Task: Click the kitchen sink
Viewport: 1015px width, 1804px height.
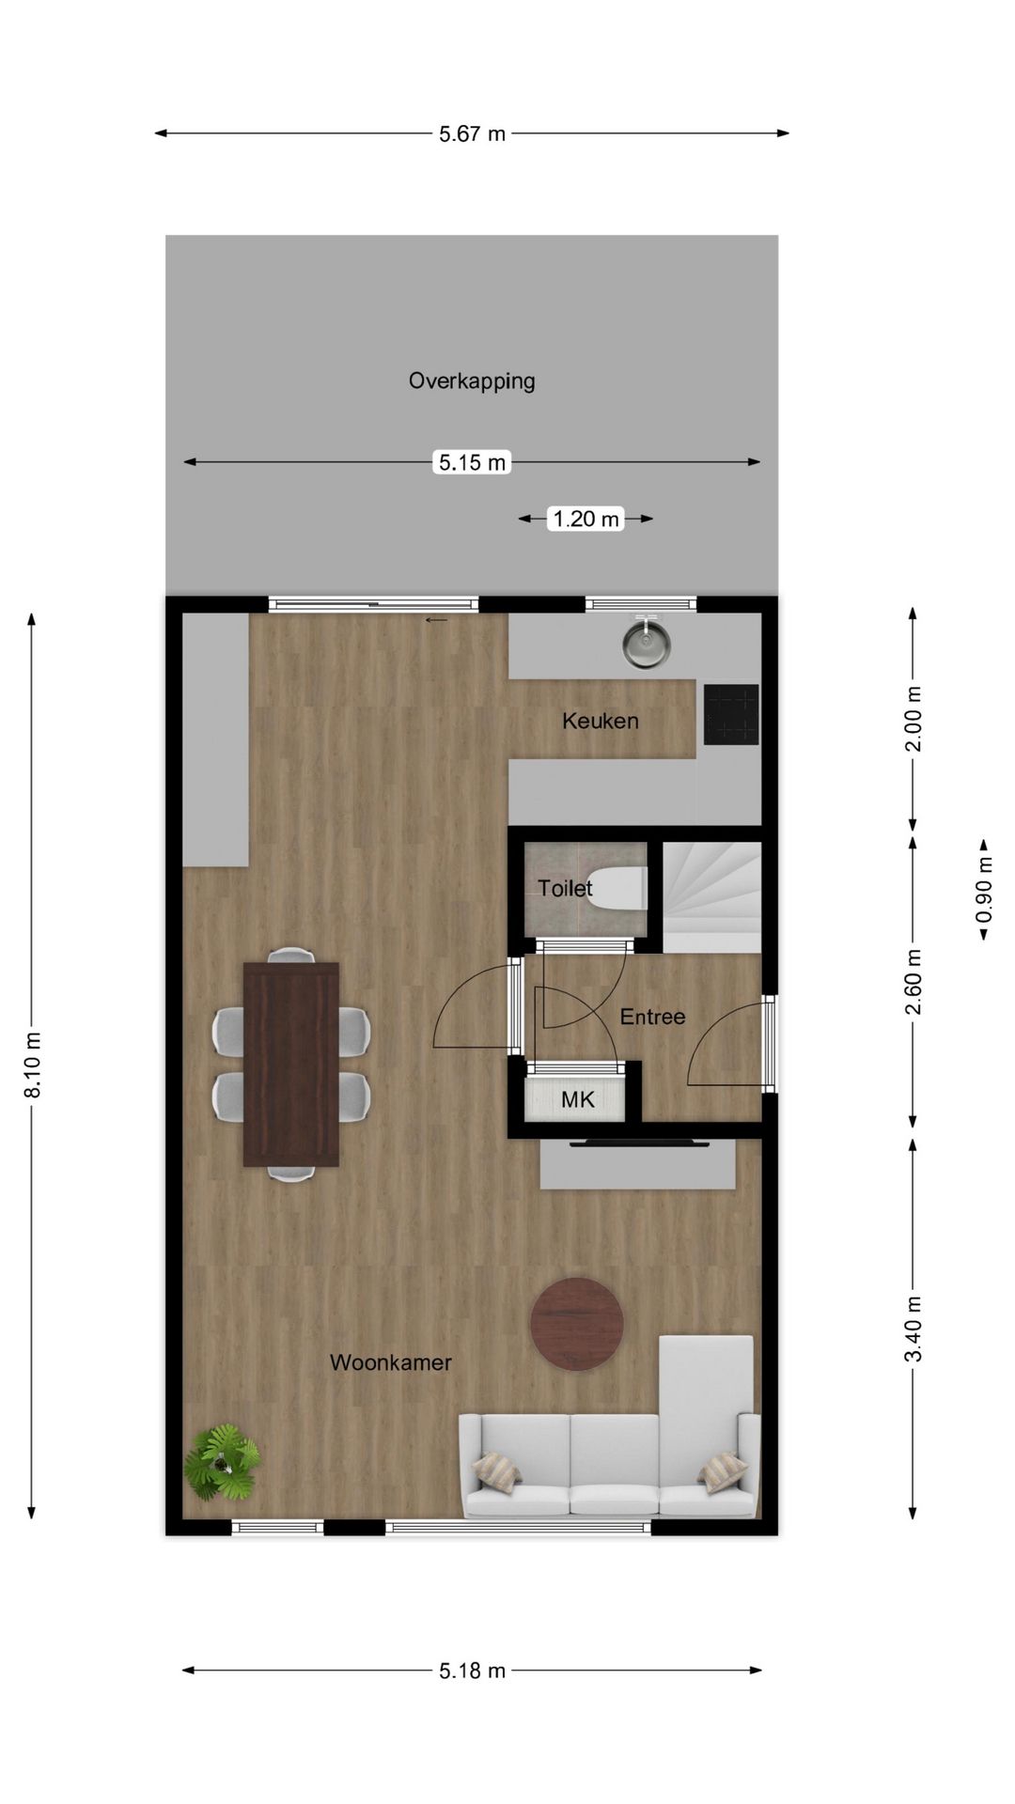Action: pos(646,643)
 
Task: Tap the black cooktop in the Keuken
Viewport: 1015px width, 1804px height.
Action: pos(731,714)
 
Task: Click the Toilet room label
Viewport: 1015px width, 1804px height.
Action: pos(565,888)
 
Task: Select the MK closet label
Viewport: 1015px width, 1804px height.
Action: pos(578,1099)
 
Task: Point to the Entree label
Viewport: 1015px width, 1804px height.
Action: pos(652,1017)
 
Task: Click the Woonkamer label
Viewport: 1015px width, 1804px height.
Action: pos(390,1362)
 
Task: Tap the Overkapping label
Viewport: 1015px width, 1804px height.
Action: pos(472,381)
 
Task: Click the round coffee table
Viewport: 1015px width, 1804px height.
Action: pos(577,1324)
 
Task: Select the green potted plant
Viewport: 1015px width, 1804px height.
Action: pos(222,1462)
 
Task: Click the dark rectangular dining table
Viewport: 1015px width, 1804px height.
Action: pos(291,1065)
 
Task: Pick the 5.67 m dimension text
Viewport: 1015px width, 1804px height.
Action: pos(472,134)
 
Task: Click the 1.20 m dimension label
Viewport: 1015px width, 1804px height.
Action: pos(586,519)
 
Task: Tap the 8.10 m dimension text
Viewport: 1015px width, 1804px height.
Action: pos(33,1065)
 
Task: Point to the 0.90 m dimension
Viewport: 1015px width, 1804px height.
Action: pos(984,890)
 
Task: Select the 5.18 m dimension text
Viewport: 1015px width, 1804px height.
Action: pos(472,1671)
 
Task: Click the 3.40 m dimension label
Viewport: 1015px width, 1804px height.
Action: pos(913,1328)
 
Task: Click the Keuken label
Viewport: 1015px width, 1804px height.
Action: pos(601,721)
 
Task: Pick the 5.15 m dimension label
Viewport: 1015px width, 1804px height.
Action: pos(472,462)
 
